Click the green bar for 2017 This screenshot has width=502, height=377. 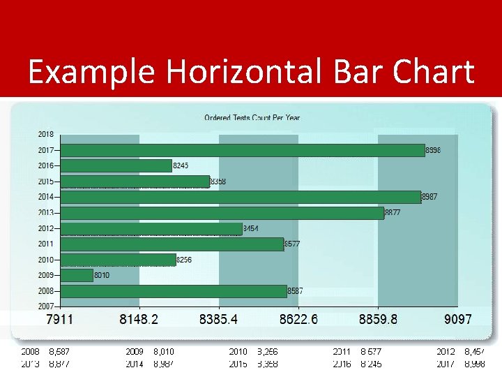243,150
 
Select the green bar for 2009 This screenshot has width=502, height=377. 77,275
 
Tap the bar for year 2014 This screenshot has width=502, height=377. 241,197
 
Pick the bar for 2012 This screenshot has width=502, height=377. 151,228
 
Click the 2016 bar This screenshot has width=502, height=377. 116,165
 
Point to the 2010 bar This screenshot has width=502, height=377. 118,260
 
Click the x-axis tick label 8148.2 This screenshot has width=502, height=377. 139,319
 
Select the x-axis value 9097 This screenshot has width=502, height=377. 457,319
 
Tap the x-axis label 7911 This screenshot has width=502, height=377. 60,319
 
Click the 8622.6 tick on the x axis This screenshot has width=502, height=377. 298,319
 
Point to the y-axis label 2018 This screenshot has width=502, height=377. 46,134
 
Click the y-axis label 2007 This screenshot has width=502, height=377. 46,306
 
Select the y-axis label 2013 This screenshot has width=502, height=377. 46,213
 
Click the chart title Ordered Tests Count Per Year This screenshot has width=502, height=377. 252,117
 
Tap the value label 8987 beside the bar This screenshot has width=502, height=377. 431,197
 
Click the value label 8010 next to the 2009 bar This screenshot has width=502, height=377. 102,275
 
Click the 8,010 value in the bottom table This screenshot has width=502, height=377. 163,352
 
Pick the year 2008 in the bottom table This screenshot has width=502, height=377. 30,352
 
